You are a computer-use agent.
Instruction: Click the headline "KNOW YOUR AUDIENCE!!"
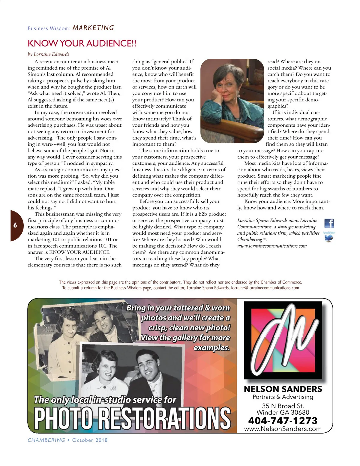[x=82, y=44]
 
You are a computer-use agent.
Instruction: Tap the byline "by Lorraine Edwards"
[x=48, y=54]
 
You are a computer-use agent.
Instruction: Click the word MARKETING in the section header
[x=93, y=28]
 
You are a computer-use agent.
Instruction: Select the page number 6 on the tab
[x=15, y=225]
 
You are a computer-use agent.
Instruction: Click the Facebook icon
[x=329, y=223]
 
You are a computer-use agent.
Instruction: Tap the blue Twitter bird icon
[x=329, y=238]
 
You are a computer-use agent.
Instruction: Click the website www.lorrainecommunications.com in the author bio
[x=272, y=246]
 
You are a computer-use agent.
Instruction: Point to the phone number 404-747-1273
[x=283, y=421]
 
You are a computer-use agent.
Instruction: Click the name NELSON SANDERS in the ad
[x=283, y=389]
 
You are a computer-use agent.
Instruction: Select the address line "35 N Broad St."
[x=283, y=406]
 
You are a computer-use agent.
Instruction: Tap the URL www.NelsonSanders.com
[x=283, y=429]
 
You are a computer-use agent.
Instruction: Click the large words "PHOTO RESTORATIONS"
[x=132, y=418]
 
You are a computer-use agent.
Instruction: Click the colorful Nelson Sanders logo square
[x=283, y=341]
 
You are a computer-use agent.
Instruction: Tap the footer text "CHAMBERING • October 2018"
[x=67, y=440]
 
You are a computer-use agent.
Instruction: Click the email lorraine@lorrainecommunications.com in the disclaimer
[x=265, y=288]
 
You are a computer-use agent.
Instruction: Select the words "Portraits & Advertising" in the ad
[x=283, y=397]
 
